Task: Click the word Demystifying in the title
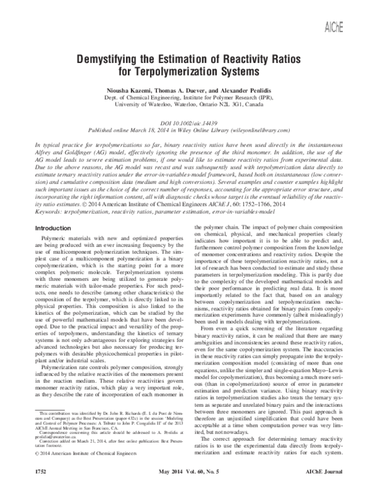(112, 59)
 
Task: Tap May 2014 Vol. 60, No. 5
(188, 488)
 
